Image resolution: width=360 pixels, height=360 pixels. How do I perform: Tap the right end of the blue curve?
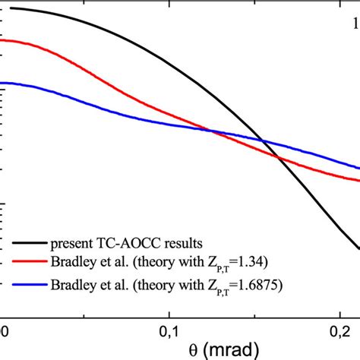point(358,167)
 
